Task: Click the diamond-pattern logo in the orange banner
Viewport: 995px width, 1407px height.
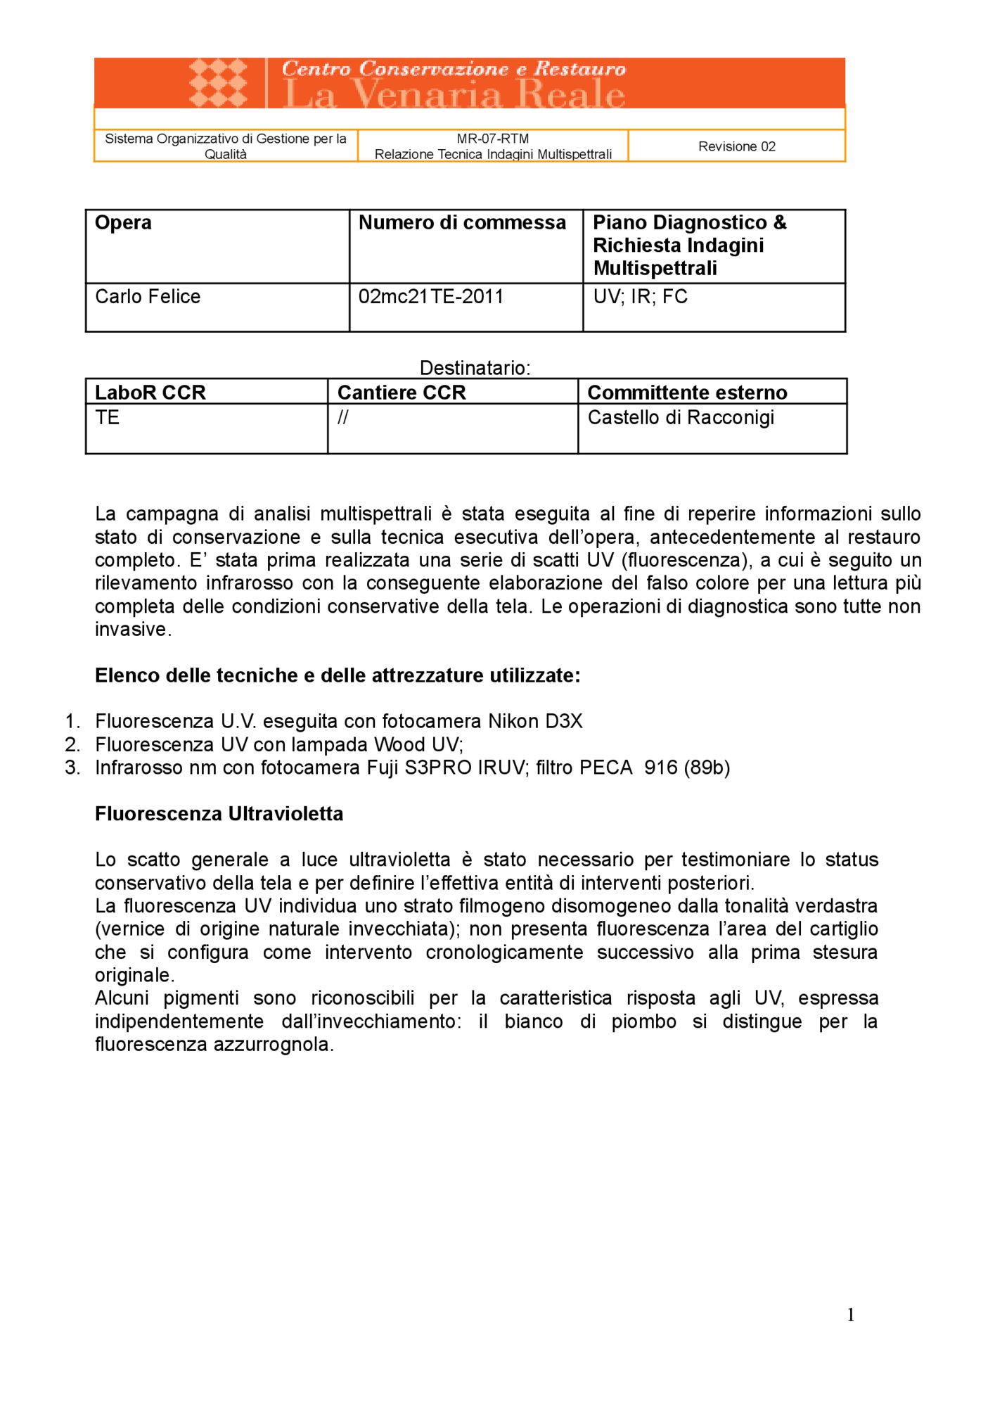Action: [218, 82]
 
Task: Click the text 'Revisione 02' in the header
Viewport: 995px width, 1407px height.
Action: [736, 146]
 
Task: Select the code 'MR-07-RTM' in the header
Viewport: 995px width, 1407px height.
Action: [492, 139]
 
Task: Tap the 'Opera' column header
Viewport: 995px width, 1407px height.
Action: [123, 223]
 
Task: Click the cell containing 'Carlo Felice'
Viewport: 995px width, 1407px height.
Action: [148, 297]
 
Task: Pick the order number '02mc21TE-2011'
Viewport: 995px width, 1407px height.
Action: [431, 297]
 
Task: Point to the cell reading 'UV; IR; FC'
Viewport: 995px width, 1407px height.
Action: [640, 297]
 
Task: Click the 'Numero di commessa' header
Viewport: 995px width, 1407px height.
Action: [462, 223]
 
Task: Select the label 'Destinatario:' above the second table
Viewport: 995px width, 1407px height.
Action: [475, 368]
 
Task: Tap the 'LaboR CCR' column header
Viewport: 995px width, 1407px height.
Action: [150, 393]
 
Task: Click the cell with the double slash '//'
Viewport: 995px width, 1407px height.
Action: [342, 418]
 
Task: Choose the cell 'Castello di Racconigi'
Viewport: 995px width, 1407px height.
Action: [680, 418]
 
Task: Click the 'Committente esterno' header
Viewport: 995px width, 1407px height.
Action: [687, 393]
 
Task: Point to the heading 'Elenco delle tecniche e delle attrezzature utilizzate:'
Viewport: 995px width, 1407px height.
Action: [338, 675]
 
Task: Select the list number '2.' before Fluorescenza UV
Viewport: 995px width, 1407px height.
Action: [72, 745]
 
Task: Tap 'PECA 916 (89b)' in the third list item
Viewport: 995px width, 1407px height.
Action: [654, 768]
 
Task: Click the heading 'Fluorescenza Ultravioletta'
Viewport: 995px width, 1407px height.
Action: [219, 814]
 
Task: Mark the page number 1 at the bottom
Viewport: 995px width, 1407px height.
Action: [851, 1316]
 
